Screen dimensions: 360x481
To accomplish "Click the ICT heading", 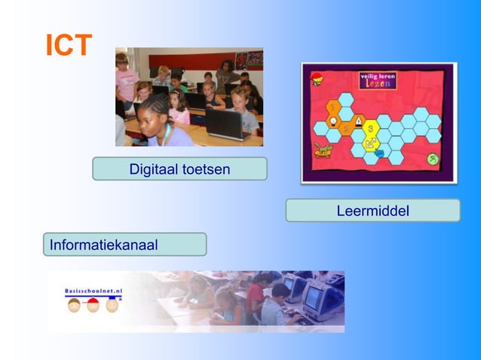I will point(69,46).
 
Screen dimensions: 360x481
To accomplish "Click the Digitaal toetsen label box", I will point(179,169).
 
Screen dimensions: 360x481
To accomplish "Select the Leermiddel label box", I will point(372,211).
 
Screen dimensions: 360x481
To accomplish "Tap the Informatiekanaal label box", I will point(124,244).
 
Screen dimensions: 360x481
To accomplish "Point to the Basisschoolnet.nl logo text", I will point(93,290).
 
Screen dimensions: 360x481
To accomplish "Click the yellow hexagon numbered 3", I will point(371,127).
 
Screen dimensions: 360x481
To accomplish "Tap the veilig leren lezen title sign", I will point(378,81).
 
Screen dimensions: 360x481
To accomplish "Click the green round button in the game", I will point(432,159).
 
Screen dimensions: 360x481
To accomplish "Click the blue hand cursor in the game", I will point(378,154).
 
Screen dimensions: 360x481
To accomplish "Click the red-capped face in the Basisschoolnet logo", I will point(93,305).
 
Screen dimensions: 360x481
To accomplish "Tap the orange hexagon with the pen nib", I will point(359,120).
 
